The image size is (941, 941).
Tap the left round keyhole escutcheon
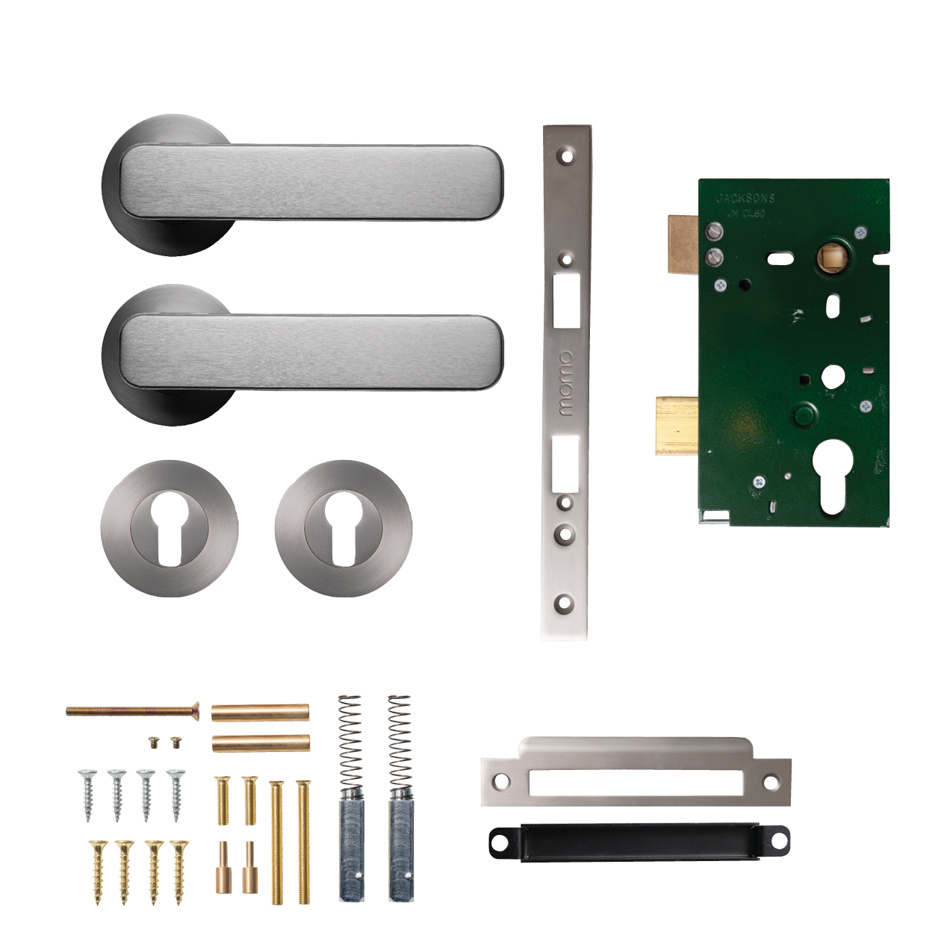(170, 527)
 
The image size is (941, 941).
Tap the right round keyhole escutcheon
(343, 527)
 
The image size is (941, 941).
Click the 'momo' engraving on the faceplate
(566, 383)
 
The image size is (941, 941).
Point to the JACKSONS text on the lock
(745, 199)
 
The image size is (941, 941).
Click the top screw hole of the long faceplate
(567, 157)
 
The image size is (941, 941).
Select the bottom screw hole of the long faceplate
(565, 602)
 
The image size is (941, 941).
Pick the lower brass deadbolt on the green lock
(677, 425)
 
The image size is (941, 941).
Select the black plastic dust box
(639, 842)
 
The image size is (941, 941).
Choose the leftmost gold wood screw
(99, 871)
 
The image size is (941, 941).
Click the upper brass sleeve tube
(260, 712)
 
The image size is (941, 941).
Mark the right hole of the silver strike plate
(771, 783)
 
